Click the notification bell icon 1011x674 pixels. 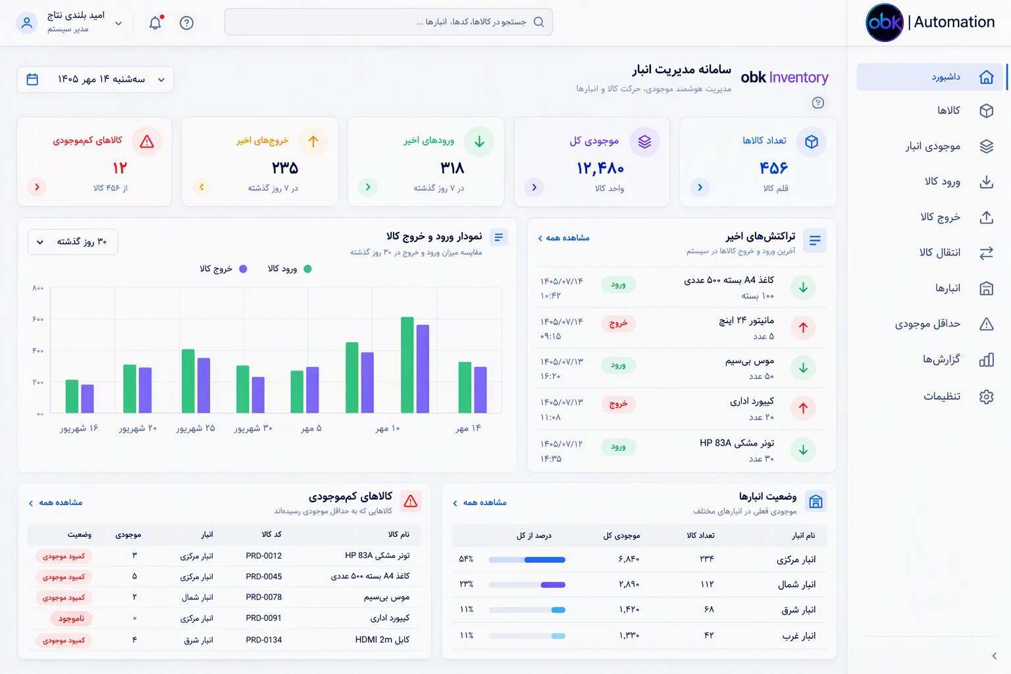(155, 22)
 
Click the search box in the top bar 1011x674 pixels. (388, 22)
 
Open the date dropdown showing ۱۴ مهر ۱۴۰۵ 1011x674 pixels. (95, 80)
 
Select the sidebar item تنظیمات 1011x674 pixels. (941, 396)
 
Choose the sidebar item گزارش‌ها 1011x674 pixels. (941, 359)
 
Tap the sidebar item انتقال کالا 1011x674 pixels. (940, 252)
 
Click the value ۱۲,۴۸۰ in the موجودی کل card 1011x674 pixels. (600, 168)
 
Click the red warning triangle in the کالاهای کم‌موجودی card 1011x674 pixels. (147, 142)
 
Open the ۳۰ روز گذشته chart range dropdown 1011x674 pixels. (72, 242)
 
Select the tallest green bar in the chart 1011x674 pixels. (407, 365)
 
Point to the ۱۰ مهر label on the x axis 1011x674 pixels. (388, 428)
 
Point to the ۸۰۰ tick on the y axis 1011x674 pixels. (38, 288)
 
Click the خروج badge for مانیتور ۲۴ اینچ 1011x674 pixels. (618, 324)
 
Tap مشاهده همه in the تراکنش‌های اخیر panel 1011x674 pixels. (563, 238)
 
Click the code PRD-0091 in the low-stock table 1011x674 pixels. (263, 618)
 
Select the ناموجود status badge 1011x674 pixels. (71, 619)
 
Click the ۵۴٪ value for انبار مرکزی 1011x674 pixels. (466, 559)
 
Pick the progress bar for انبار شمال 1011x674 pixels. (527, 584)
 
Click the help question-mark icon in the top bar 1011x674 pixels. (186, 22)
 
